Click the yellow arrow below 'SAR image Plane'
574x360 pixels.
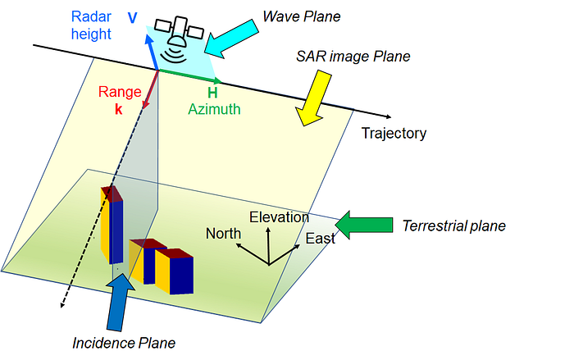point(314,97)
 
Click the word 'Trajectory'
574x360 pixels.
point(394,133)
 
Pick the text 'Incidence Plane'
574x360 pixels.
point(125,342)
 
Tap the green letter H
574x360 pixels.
point(212,93)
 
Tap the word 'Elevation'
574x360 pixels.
point(279,217)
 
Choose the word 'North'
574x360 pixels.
point(224,234)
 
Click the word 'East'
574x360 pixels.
point(320,239)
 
